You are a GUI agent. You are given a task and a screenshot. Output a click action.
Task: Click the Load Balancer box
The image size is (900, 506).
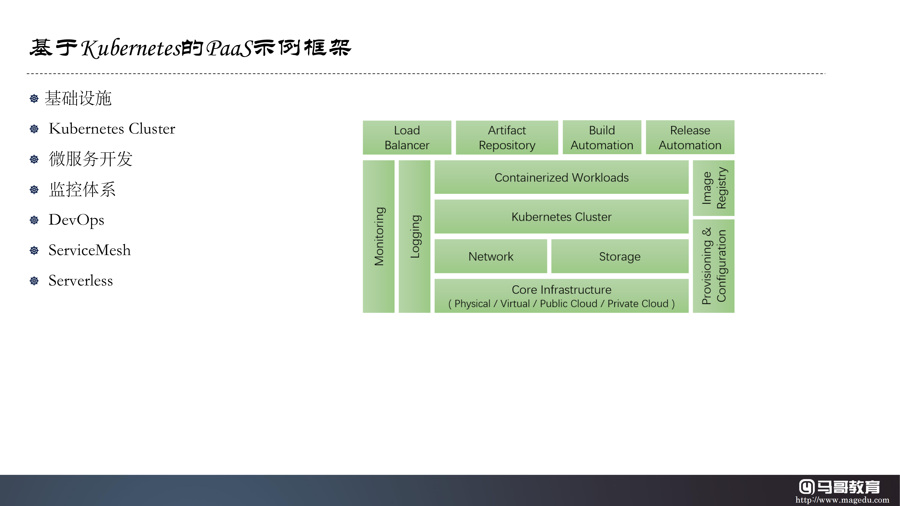(x=407, y=138)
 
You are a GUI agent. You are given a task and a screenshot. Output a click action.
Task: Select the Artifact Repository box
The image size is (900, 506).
(x=507, y=138)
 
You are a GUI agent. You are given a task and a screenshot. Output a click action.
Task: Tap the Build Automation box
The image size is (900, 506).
(x=602, y=137)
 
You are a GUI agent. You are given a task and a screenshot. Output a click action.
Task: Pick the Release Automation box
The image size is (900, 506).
(x=690, y=137)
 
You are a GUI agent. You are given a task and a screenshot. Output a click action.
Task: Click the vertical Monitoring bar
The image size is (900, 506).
(x=379, y=236)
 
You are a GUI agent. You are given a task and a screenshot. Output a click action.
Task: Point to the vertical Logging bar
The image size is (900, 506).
(x=414, y=236)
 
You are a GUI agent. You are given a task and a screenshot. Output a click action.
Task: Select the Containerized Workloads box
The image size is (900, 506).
(x=561, y=177)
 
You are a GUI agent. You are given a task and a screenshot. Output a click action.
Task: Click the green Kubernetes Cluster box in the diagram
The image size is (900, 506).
(x=561, y=217)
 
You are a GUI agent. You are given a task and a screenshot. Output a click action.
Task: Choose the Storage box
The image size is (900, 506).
(x=620, y=256)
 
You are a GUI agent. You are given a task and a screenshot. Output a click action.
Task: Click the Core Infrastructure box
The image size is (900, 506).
(x=561, y=296)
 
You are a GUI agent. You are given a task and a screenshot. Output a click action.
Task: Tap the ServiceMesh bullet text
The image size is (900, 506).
(x=89, y=250)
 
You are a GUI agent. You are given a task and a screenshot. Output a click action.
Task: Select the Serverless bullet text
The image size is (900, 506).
(x=81, y=280)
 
